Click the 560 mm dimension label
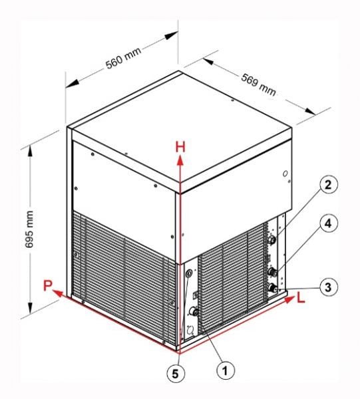tap(124, 59)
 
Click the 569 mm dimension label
tap(258, 84)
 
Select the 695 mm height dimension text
tap(29, 229)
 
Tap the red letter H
tap(180, 147)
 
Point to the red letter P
tap(48, 285)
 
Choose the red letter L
tap(301, 298)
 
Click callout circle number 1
tap(226, 370)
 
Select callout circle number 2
tap(328, 184)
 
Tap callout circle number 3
tap(328, 287)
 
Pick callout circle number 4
tap(328, 223)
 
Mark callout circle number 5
tap(176, 374)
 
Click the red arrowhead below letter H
tap(180, 161)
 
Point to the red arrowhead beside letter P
tap(58, 293)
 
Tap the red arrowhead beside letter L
tap(289, 299)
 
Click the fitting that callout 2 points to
tap(272, 239)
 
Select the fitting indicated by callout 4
tap(272, 272)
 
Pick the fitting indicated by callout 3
tap(272, 288)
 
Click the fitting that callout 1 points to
tap(194, 311)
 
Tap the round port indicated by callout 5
tap(189, 274)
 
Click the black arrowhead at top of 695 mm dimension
tap(31, 152)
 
